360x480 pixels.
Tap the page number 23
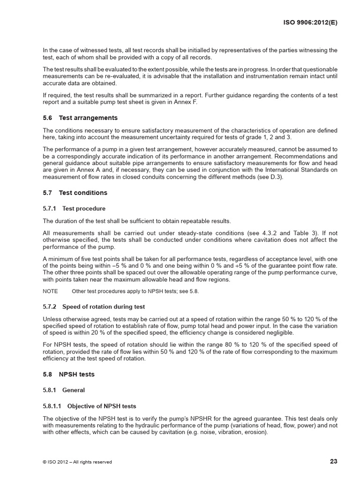coord(334,461)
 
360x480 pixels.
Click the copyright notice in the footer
coord(77,462)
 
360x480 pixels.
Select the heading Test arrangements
coord(88,118)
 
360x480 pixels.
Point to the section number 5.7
coord(47,193)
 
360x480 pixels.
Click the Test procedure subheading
coord(84,208)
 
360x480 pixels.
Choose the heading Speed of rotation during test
coord(104,307)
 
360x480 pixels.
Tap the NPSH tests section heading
coord(76,375)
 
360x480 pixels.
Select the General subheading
coord(73,390)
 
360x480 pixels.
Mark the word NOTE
coord(50,291)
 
